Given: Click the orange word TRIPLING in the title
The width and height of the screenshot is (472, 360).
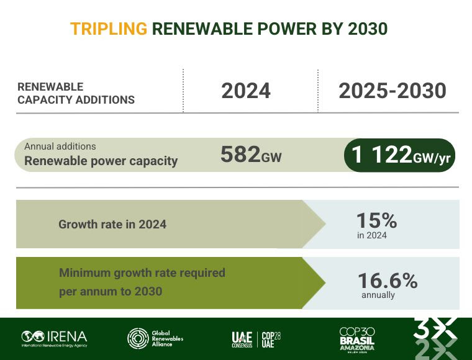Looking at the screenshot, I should click(109, 29).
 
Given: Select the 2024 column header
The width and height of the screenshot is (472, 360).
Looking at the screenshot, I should click(246, 91).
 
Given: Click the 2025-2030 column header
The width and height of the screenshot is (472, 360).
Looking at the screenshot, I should click(393, 91).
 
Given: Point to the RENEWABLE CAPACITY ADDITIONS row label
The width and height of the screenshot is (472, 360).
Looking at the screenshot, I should click(76, 93).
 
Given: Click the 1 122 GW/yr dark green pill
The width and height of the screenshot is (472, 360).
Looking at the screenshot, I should click(401, 155).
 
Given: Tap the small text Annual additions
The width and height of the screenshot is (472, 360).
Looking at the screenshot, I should click(60, 146).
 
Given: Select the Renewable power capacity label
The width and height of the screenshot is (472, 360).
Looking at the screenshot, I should click(101, 161).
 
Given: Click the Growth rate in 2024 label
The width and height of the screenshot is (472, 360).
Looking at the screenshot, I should click(112, 224).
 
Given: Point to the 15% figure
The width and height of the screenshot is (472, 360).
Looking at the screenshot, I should click(376, 220).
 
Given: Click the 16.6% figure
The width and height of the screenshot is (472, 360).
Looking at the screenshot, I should click(387, 281).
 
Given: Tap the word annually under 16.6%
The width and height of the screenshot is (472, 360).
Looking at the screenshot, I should click(378, 295).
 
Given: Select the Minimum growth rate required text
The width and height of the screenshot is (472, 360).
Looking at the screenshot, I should click(142, 272).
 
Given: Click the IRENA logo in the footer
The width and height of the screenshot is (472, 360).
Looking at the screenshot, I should click(54, 338).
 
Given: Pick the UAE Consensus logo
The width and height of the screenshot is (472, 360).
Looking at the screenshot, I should click(242, 339).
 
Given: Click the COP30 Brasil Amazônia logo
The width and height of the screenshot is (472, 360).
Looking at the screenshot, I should click(357, 339).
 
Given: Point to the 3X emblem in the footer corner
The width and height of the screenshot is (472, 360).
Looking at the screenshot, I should click(435, 338).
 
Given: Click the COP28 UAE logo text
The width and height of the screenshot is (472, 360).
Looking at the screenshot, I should click(271, 339).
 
